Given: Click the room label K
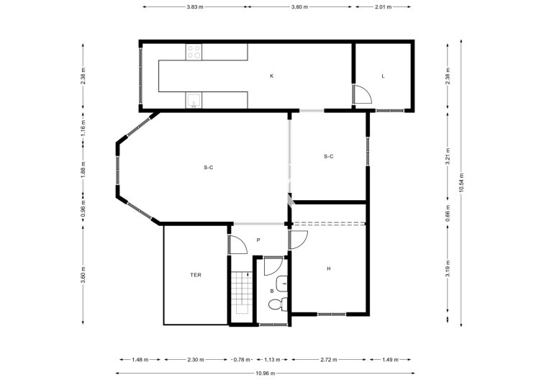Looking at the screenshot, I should tap(272, 76).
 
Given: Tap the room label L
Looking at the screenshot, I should tap(384, 76).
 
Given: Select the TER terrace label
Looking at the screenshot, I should tap(196, 275).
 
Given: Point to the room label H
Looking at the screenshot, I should tap(329, 268).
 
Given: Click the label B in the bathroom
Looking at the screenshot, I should tap(272, 290).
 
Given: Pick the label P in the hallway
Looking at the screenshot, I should tap(258, 240).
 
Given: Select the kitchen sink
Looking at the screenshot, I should tap(194, 100).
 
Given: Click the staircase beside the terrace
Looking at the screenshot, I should tap(240, 295).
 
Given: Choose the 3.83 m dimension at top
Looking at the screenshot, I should tap(194, 6).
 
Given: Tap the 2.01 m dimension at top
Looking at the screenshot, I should tap(384, 6).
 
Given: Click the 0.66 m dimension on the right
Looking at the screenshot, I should tap(447, 214).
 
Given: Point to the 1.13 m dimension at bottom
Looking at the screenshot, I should tap(272, 358).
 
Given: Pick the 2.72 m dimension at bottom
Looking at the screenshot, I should tap(330, 358).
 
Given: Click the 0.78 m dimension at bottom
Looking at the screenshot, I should tap(244, 358).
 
